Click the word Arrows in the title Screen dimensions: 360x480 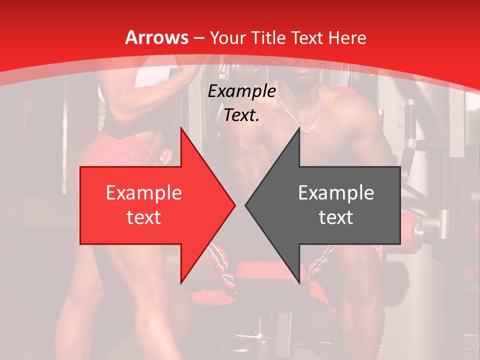coord(156,37)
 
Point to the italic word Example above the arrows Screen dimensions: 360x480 coord(241,91)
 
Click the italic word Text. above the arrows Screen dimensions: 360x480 coord(241,115)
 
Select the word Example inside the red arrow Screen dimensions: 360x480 coord(143,192)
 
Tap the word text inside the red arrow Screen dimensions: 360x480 coord(143,217)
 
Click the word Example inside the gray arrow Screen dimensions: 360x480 coord(336,192)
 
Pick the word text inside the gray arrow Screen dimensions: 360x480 coord(336,217)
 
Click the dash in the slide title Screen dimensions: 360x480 coord(199,38)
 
